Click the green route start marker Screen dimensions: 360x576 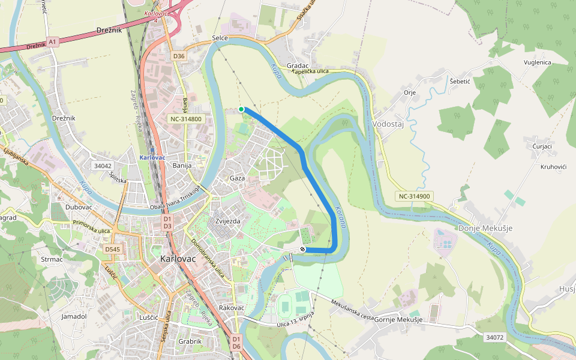click(241, 109)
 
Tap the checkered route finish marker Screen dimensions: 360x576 click(303, 249)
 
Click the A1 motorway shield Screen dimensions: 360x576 click(53, 41)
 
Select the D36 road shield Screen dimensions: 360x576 click(178, 56)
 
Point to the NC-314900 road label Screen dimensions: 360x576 click(413, 196)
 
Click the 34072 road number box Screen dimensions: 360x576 click(494, 338)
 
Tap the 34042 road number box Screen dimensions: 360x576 click(103, 165)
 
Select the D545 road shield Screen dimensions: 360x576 click(112, 248)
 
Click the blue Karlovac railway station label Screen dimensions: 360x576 click(152, 157)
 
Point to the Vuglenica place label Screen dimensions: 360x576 click(537, 62)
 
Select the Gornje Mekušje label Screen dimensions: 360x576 click(398, 319)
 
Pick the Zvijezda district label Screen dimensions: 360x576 click(227, 221)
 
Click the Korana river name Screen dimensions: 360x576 click(340, 216)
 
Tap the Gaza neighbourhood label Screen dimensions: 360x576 click(238, 178)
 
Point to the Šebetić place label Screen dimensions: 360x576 click(461, 81)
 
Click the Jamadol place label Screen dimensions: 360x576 click(74, 316)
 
